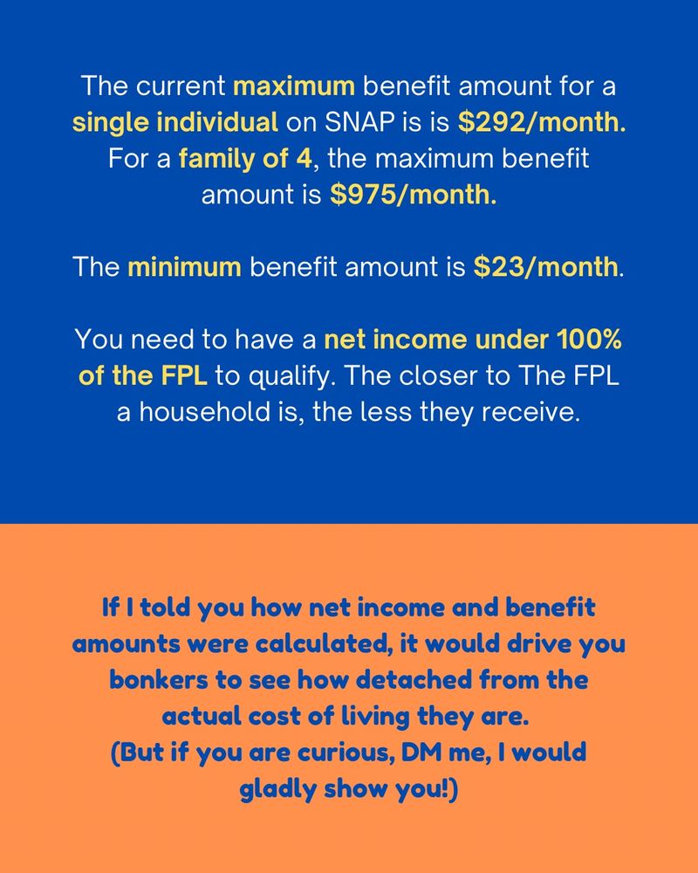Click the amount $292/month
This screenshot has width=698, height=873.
pos(542,123)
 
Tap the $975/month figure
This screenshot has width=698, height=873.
pos(414,194)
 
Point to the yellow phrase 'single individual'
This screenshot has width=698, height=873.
pos(174,123)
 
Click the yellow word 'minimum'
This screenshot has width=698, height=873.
pos(184,266)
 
